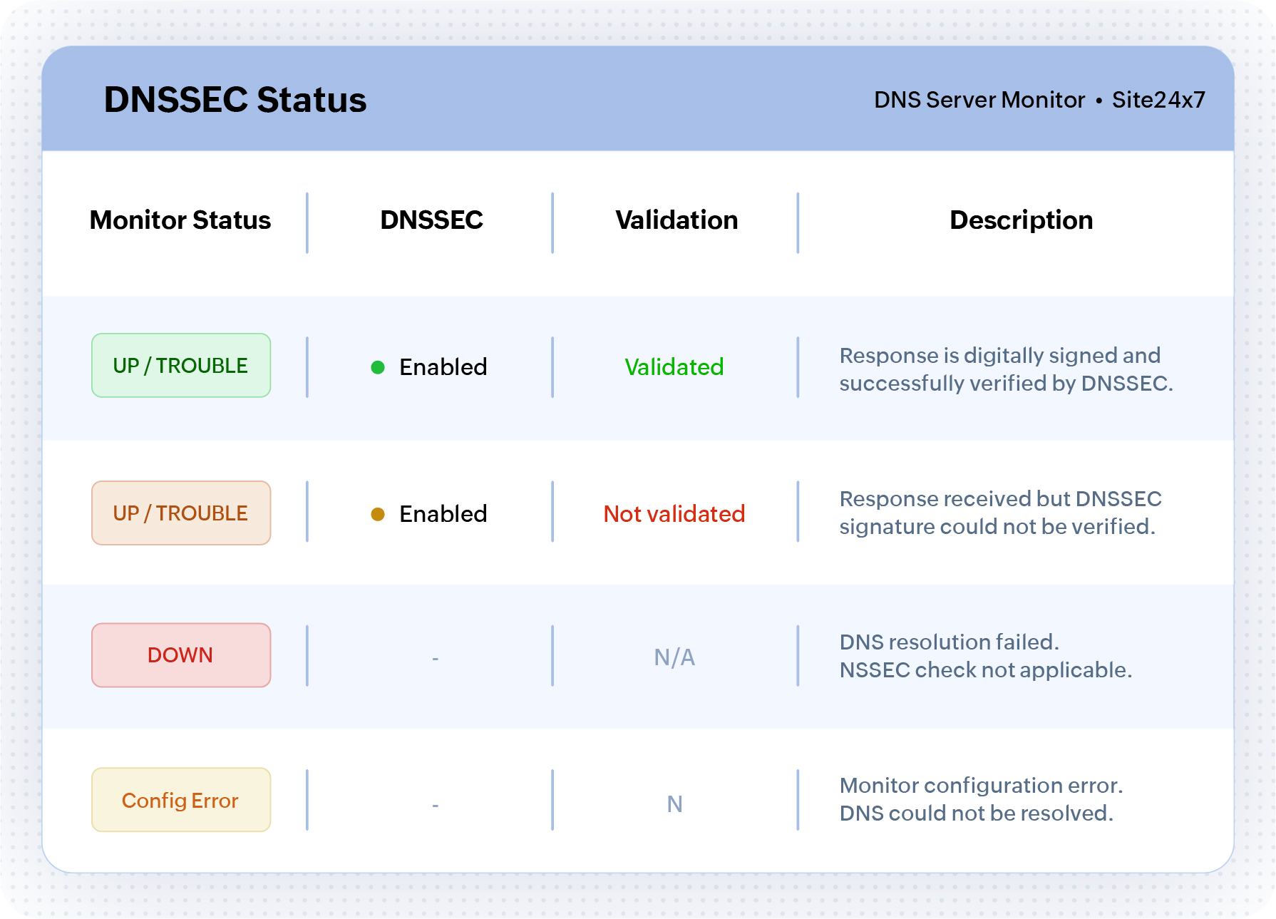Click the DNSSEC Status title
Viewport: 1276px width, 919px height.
click(x=235, y=100)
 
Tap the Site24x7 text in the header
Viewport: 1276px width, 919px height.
click(x=1158, y=100)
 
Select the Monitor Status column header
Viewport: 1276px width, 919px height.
click(x=180, y=220)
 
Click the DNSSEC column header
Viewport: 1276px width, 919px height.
click(x=431, y=220)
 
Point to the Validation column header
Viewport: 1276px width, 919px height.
click(x=676, y=220)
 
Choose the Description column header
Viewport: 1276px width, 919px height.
click(x=1021, y=220)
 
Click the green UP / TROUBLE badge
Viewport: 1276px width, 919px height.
click(x=181, y=366)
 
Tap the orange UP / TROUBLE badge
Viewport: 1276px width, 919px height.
click(x=181, y=513)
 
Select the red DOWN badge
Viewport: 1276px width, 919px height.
click(x=181, y=655)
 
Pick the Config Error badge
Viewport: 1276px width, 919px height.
click(x=181, y=800)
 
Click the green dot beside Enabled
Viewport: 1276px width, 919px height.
click(x=378, y=367)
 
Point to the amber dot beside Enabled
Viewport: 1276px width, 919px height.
click(x=378, y=514)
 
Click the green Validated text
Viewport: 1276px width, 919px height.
click(x=674, y=367)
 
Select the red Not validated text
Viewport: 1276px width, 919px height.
click(x=674, y=514)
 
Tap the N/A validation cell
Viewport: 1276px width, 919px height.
click(x=674, y=657)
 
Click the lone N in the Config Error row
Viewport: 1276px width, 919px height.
click(x=674, y=804)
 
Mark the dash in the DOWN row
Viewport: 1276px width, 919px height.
click(x=435, y=659)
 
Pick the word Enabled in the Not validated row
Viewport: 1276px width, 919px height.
click(x=443, y=514)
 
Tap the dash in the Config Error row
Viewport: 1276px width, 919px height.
click(x=435, y=806)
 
